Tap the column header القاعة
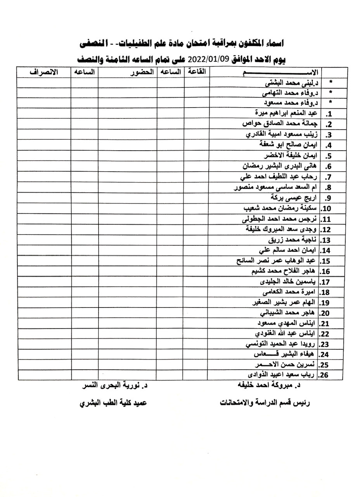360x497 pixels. [197, 72]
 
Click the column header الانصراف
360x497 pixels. [43, 72]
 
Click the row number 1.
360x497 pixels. [328, 114]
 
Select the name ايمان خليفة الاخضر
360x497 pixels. [291, 156]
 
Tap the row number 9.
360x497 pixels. [328, 198]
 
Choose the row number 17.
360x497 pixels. [326, 282]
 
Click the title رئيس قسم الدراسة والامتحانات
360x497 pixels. [265, 403]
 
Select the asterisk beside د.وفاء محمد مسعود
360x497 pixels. [331, 103]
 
